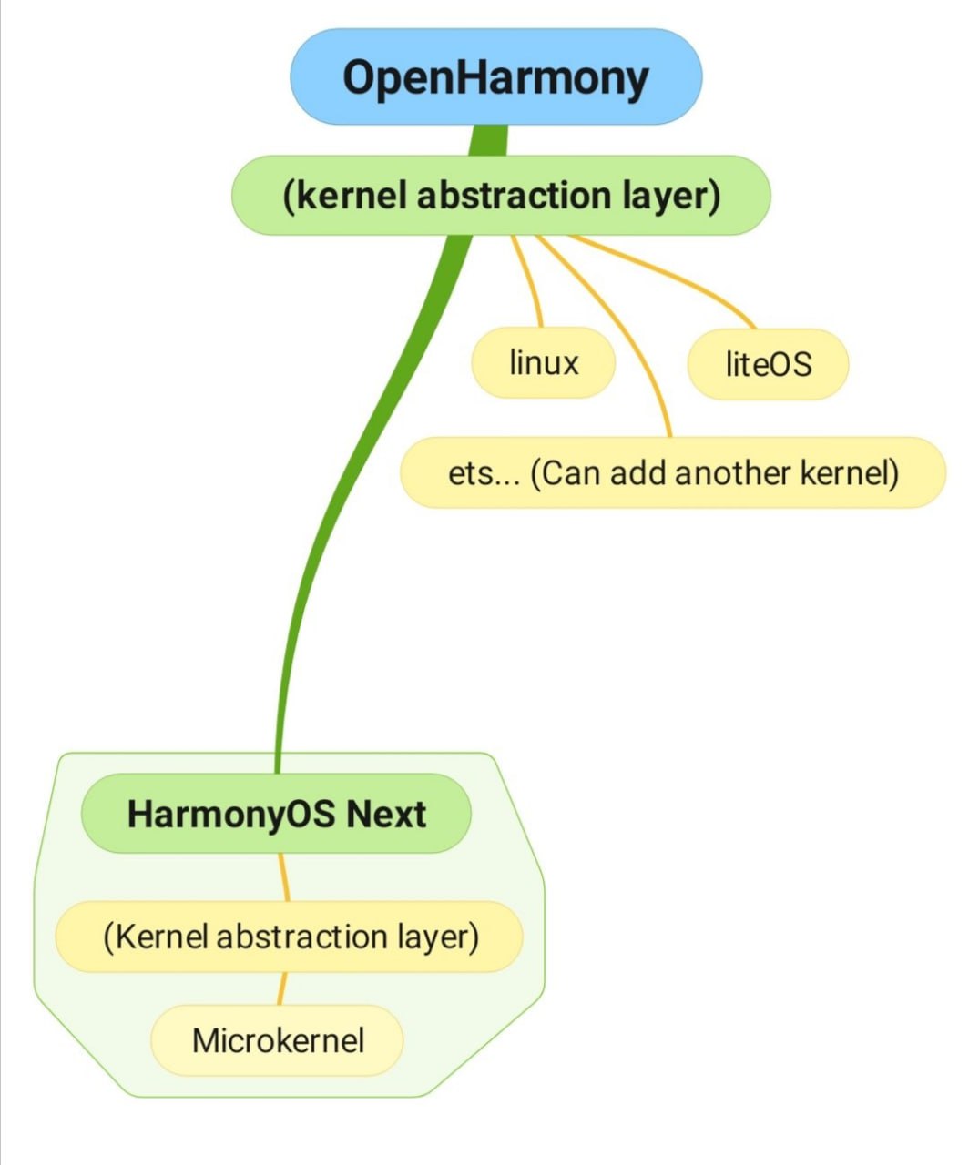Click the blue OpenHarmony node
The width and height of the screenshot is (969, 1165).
(495, 77)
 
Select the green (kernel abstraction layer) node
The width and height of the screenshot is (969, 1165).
(501, 196)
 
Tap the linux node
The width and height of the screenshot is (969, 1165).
(544, 363)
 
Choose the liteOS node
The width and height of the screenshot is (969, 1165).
(768, 364)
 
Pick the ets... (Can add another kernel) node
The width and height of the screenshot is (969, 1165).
(673, 473)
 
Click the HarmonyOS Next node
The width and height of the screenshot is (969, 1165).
(276, 814)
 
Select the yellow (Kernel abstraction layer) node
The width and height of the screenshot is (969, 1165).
(290, 937)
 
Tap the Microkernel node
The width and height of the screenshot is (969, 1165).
(277, 1040)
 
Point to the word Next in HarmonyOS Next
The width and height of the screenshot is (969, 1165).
(385, 814)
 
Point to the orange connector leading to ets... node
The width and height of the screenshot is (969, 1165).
(628, 346)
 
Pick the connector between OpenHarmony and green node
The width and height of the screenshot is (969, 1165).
(489, 140)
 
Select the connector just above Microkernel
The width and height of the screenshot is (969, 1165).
(281, 988)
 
